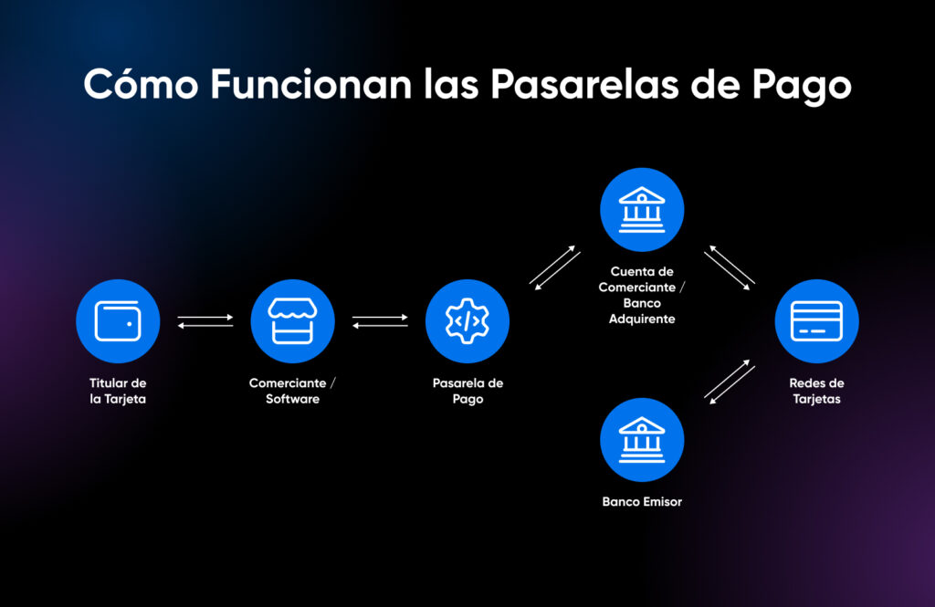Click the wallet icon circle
pos(118,321)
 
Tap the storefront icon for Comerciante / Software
pos(292,321)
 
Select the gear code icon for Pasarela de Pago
pos(467,321)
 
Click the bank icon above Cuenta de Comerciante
pos(642,209)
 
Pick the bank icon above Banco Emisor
pos(642,439)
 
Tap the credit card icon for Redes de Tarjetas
pos(816,321)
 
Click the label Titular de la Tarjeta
pos(118,391)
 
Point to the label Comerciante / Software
pos(292,391)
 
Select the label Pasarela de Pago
pos(467,391)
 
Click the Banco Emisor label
pos(642,501)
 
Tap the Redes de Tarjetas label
pos(816,391)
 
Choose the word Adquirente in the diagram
pos(642,320)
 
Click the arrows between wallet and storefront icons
pos(205,321)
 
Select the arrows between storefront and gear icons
pos(380,321)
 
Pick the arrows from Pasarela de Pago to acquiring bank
pos(555,267)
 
